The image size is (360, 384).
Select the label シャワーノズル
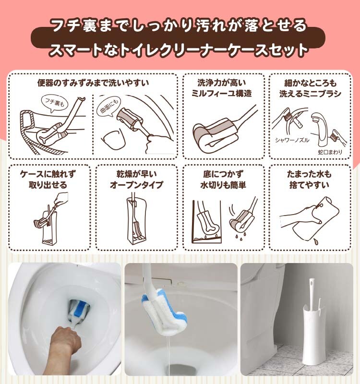tap(292, 140)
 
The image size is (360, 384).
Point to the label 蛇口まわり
tap(330, 152)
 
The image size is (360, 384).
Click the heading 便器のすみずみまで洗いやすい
tap(93, 83)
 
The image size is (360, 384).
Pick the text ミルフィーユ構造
tap(221, 93)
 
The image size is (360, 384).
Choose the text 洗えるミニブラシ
tap(310, 94)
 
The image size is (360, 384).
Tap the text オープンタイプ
tap(136, 184)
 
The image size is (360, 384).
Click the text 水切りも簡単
tap(223, 185)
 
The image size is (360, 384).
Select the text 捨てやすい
tap(309, 185)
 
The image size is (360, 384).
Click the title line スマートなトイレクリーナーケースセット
tap(178, 50)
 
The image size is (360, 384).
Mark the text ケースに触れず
tap(48, 174)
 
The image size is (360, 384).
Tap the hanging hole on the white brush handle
tap(312, 285)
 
